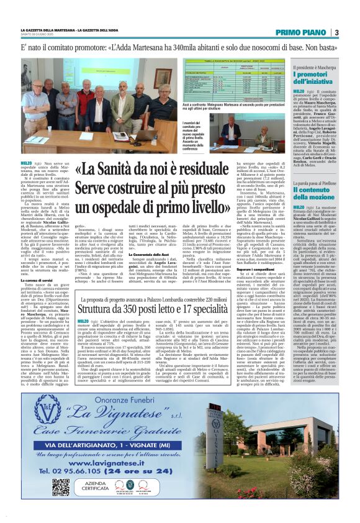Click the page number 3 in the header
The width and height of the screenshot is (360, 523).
coord(336,32)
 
